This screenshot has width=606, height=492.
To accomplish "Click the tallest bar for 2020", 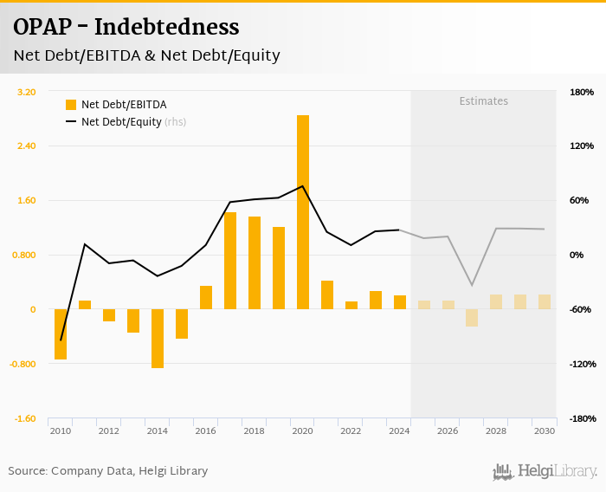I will tap(303, 212).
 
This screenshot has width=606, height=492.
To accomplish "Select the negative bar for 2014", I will tap(158, 339).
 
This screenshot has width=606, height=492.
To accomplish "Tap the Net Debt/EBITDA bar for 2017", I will tap(230, 261).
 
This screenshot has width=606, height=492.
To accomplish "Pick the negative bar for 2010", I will tap(61, 334).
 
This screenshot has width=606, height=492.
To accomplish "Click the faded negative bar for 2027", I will tap(472, 318).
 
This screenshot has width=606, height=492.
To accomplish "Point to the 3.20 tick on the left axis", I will tap(26, 92).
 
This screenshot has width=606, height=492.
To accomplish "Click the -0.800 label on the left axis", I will tap(24, 364).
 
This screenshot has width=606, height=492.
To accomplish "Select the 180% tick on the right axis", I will tap(581, 92).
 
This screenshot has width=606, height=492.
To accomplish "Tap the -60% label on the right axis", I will tap(581, 309).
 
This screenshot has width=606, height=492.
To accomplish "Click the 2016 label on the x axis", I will tap(206, 430).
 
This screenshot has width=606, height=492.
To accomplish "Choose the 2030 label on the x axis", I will tap(545, 430).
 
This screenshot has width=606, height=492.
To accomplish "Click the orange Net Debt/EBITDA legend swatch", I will tap(71, 105).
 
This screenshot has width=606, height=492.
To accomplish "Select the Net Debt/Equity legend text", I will tap(121, 122).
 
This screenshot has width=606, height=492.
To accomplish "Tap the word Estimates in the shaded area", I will tap(483, 101).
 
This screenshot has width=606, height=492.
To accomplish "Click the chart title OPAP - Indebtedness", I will tap(126, 27).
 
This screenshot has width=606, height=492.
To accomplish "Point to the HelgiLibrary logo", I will tap(545, 471).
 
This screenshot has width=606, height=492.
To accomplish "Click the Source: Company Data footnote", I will tap(108, 470).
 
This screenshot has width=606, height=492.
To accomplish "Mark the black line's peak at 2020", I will tap(302, 186).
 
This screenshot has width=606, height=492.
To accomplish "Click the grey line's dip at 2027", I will tap(472, 285).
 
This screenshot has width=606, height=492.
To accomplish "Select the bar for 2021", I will tap(327, 295).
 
